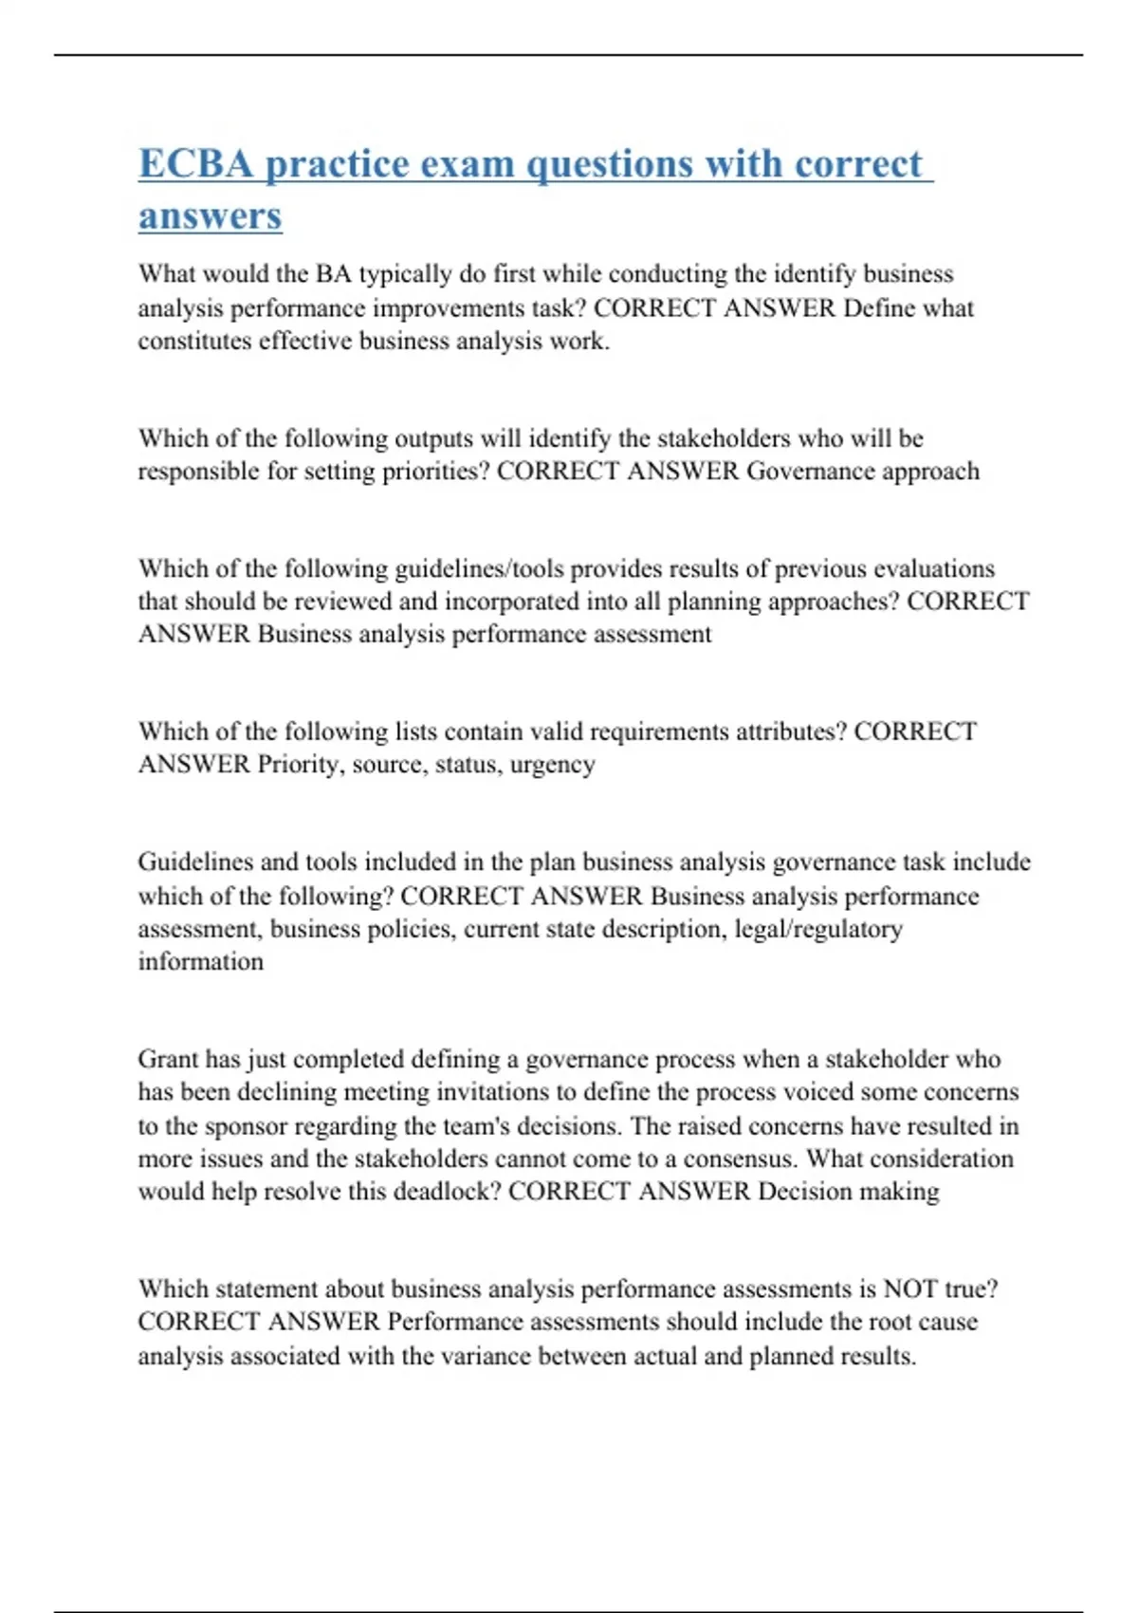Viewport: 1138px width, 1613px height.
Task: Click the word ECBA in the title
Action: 196,164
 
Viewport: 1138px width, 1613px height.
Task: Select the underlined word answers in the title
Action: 210,215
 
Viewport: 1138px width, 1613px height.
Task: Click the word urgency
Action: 552,765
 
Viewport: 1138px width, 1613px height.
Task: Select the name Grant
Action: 168,1059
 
